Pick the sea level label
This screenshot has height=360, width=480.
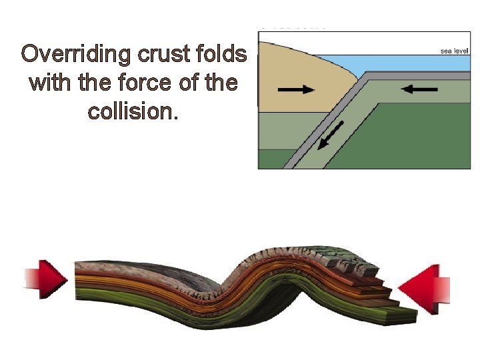(454, 50)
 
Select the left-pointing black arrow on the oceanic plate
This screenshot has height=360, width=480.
(420, 89)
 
